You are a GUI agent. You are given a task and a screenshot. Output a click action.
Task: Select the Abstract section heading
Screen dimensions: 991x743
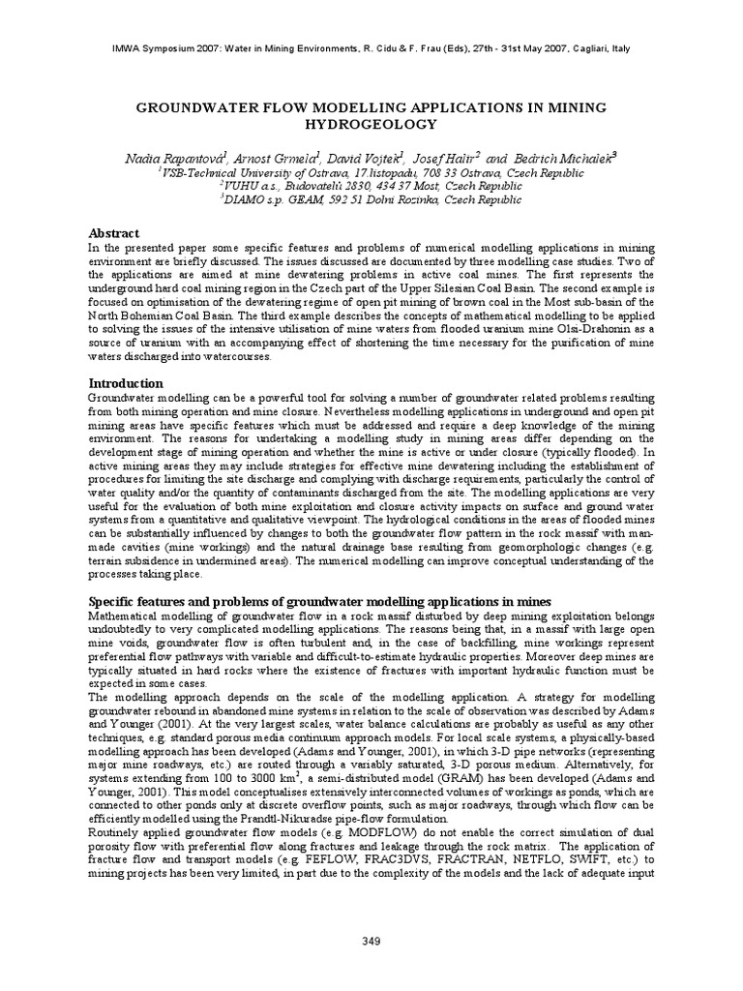pos(114,233)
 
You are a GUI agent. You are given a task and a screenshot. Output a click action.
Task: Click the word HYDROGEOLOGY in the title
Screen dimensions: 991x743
pos(371,124)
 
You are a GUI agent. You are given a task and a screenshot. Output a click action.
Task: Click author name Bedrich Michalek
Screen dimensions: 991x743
pos(569,158)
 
